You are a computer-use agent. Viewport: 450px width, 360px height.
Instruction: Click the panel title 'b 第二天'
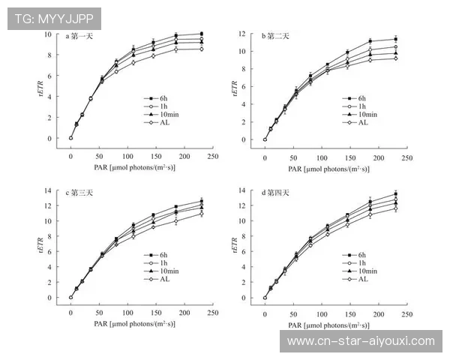pyautogui.click(x=274, y=36)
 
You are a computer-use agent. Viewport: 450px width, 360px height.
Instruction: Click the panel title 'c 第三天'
pyautogui.click(x=80, y=193)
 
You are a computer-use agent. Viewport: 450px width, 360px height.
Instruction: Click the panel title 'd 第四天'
pyautogui.click(x=274, y=193)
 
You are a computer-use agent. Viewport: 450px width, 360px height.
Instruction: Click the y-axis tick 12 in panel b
pyautogui.click(x=242, y=34)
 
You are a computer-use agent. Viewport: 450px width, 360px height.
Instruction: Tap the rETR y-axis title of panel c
pyautogui.click(x=34, y=245)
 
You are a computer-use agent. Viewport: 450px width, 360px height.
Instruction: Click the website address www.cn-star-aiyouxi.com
pyautogui.click(x=361, y=341)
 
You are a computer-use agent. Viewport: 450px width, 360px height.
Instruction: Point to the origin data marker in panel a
pyautogui.click(x=70, y=138)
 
